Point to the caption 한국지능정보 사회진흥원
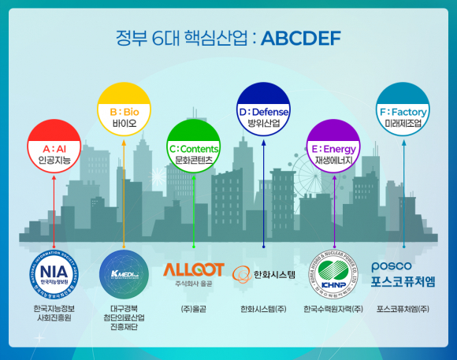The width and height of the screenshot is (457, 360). tap(54, 312)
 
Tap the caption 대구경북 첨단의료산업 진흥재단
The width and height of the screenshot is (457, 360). tap(124, 317)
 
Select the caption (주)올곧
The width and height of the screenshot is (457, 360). tap(194, 308)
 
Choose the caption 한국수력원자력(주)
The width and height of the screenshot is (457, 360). tap(333, 308)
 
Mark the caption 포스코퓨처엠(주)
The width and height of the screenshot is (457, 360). tap(403, 308)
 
